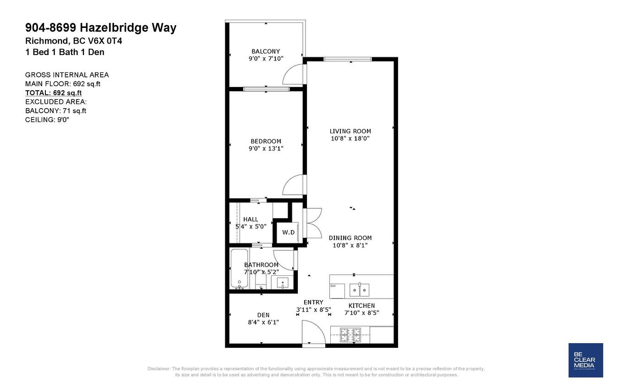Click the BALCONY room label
pyautogui.click(x=266, y=51)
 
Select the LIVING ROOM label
pyautogui.click(x=350, y=131)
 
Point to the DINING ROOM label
pyautogui.click(x=350, y=238)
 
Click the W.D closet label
pyautogui.click(x=288, y=232)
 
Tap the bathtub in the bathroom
pyautogui.click(x=239, y=269)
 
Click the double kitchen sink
pyautogui.click(x=359, y=290)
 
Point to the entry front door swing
pyautogui.click(x=313, y=332)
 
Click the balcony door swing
pyautogui.click(x=293, y=75)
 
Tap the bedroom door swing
pyautogui.click(x=294, y=186)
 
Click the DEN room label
pyautogui.click(x=263, y=315)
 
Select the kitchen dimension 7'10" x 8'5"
pyautogui.click(x=362, y=313)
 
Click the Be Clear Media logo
pyautogui.click(x=585, y=360)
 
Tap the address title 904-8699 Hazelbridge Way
pyautogui.click(x=100, y=27)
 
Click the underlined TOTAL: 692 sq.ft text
pyautogui.click(x=53, y=93)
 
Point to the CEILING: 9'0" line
pyautogui.click(x=47, y=120)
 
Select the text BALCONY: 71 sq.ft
pyautogui.click(x=55, y=110)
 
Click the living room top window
pyautogui.click(x=348, y=59)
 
